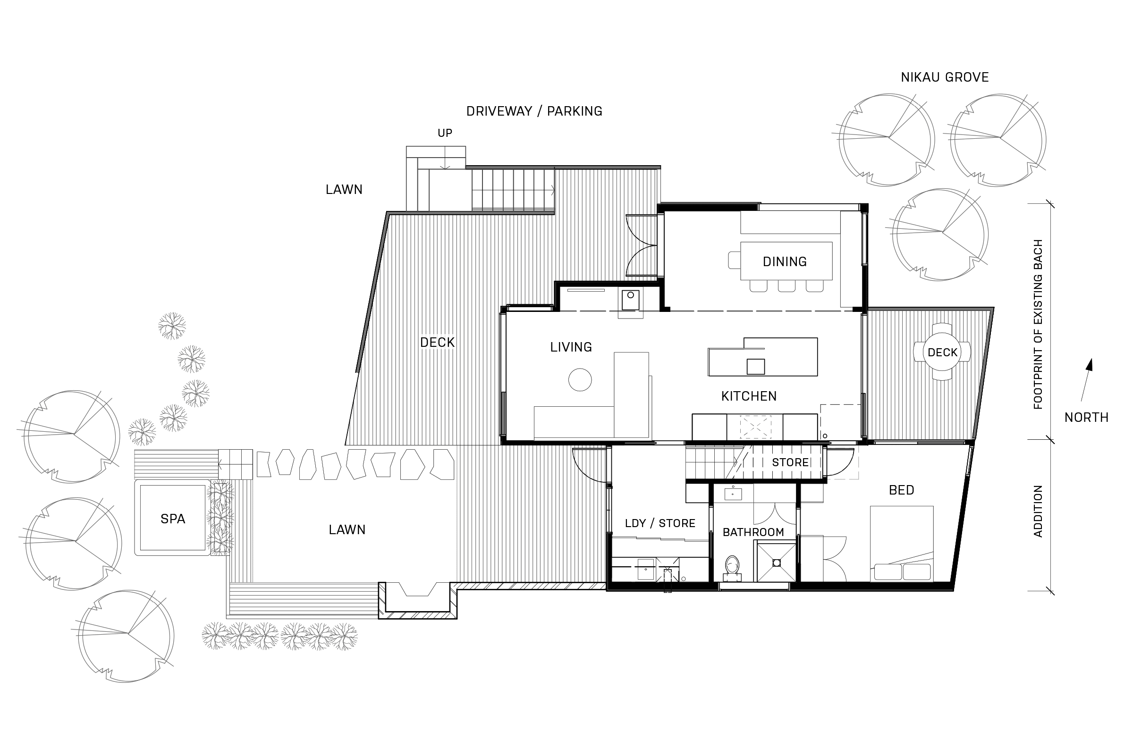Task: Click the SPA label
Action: click(172, 519)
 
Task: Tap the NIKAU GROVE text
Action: click(944, 77)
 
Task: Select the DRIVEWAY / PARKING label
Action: click(534, 111)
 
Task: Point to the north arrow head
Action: click(1090, 365)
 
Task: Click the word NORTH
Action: click(1086, 418)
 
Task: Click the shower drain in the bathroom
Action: click(776, 562)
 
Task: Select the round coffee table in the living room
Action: click(580, 380)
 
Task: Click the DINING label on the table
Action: click(784, 261)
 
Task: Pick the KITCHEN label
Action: click(749, 396)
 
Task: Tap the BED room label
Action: click(901, 490)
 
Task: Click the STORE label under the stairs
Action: click(790, 462)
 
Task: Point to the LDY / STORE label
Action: click(660, 523)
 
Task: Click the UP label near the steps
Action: click(445, 133)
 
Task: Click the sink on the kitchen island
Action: click(755, 367)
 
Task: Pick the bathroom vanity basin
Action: click(733, 494)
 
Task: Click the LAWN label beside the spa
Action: click(347, 529)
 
